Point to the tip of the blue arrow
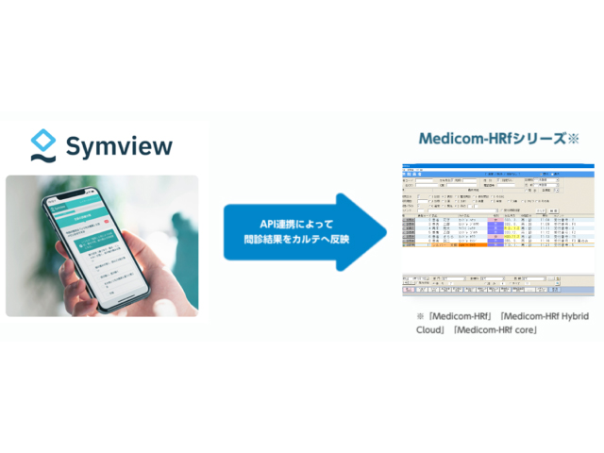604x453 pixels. [388, 233]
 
